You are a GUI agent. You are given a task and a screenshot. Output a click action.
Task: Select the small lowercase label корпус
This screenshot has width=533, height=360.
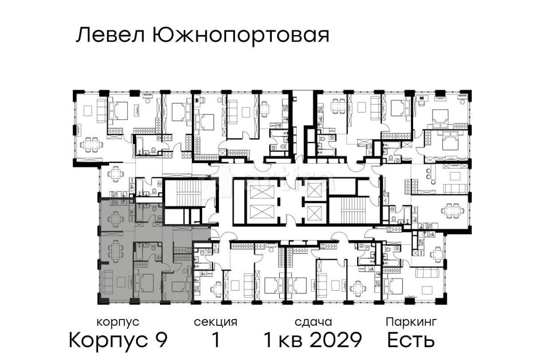(x=118, y=322)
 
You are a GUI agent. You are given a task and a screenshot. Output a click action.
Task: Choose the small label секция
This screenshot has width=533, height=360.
(x=215, y=322)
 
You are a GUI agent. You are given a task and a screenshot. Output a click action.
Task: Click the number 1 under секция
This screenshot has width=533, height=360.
(x=215, y=339)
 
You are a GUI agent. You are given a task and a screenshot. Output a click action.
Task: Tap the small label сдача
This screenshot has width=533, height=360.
(x=313, y=322)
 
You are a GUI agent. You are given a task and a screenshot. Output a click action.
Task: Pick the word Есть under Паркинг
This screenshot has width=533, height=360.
(x=411, y=339)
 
